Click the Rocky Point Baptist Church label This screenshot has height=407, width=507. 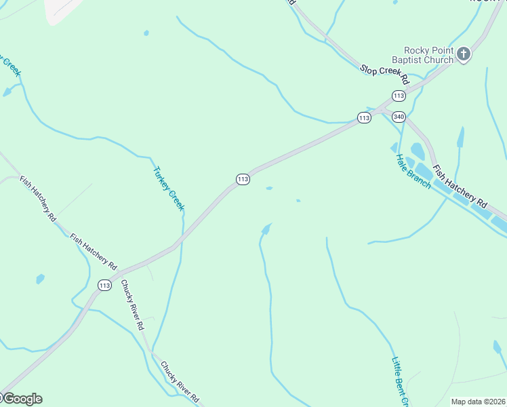click(428, 55)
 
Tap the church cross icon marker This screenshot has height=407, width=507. click(464, 54)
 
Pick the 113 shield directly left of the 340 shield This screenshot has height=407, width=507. click(364, 118)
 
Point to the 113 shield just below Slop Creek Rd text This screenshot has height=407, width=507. click(399, 96)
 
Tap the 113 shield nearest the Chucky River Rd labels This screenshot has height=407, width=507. click(104, 286)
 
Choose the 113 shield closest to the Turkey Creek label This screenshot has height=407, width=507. click(243, 179)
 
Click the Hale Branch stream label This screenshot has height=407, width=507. click(413, 172)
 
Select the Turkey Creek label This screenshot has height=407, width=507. click(169, 188)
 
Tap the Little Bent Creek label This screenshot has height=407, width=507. click(400, 382)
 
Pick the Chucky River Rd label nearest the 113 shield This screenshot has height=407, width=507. click(132, 305)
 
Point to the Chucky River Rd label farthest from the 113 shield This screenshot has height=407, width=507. click(180, 381)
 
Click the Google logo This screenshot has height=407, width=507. click(22, 399)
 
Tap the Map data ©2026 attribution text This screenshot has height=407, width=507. click(479, 402)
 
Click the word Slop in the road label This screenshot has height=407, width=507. click(369, 68)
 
